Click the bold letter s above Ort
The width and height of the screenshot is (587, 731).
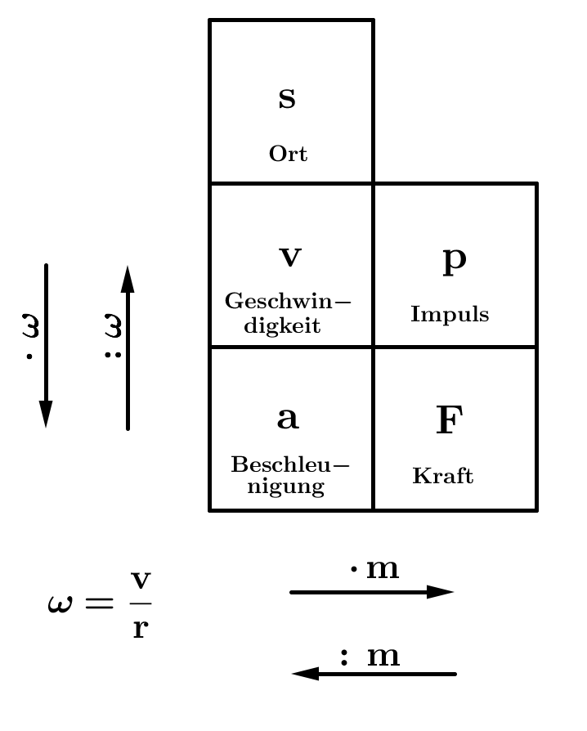pyautogui.click(x=287, y=98)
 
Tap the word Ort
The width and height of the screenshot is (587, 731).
pyautogui.click(x=288, y=154)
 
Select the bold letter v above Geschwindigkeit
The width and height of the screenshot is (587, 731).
pyautogui.click(x=290, y=258)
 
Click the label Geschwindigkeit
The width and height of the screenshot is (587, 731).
pyautogui.click(x=288, y=313)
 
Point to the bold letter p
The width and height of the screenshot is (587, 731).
pyautogui.click(x=454, y=259)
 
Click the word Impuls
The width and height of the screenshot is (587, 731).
pyautogui.click(x=450, y=314)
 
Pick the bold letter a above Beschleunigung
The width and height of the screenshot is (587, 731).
pyautogui.click(x=288, y=419)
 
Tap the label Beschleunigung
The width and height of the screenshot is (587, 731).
pyautogui.click(x=289, y=476)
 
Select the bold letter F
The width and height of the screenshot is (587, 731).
pyautogui.click(x=449, y=421)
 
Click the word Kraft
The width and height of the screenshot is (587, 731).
pyautogui.click(x=443, y=476)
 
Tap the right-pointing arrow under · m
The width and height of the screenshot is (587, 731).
pyautogui.click(x=372, y=592)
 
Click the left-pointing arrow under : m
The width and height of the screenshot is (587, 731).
pyautogui.click(x=374, y=674)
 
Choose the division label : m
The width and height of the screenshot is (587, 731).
pyautogui.click(x=370, y=656)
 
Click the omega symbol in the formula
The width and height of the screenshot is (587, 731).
pyautogui.click(x=60, y=604)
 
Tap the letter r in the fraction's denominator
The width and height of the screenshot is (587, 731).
pyautogui.click(x=140, y=630)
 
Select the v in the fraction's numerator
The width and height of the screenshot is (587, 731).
pyautogui.click(x=141, y=580)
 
